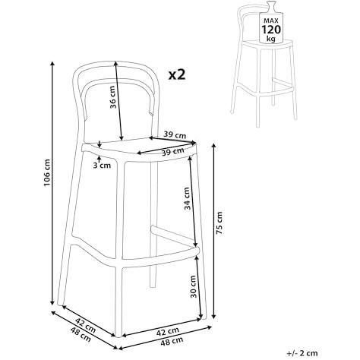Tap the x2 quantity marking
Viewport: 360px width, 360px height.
[177, 74]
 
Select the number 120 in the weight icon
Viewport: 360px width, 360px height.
[272, 30]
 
